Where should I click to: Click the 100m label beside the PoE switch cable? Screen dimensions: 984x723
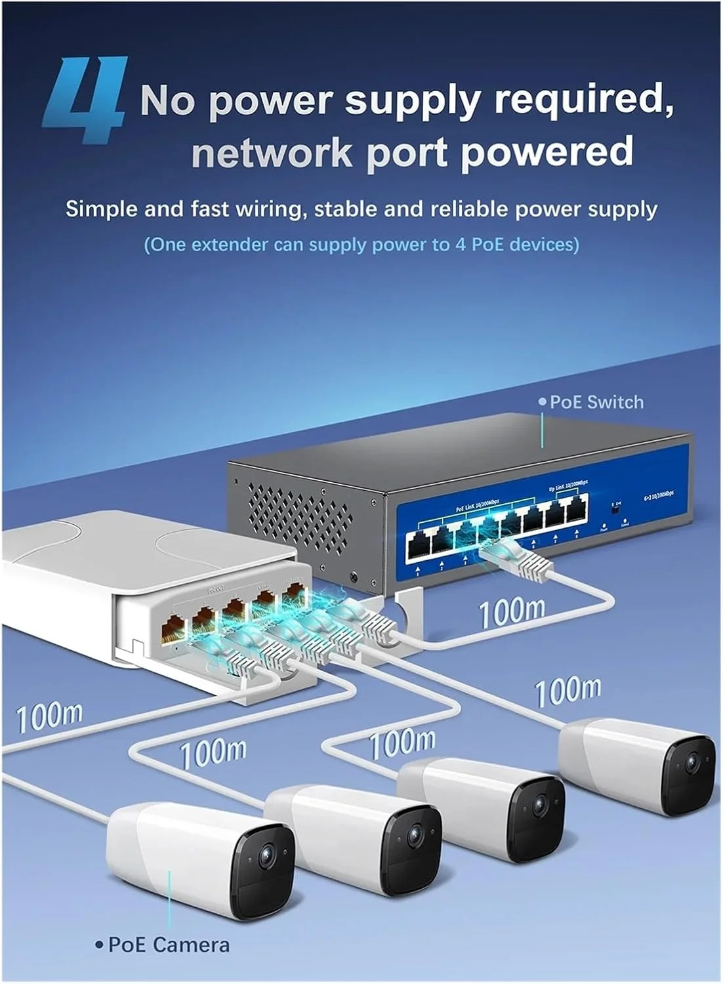[x=512, y=612]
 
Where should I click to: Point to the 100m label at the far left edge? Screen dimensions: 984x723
[x=49, y=716]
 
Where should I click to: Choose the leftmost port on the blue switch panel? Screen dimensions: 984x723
[x=418, y=545]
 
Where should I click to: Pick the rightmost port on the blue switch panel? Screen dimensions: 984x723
[x=576, y=510]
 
